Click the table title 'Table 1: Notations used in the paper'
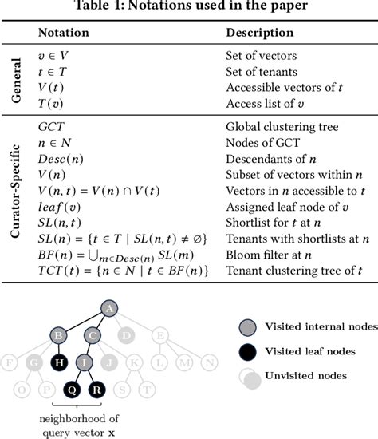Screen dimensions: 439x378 point(189,7)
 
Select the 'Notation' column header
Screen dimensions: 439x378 point(64,34)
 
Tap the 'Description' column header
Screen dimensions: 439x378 point(260,34)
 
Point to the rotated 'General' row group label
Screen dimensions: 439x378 point(17,79)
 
